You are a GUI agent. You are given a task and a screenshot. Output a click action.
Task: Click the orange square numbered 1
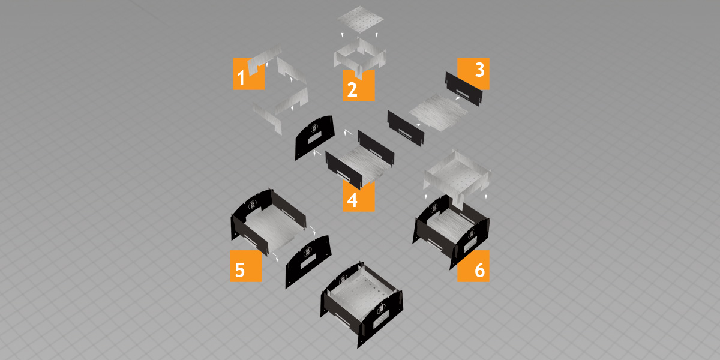click(248, 74)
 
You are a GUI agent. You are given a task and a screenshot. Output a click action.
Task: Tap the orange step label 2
click(358, 86)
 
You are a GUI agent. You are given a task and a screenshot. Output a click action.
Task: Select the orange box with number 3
click(473, 74)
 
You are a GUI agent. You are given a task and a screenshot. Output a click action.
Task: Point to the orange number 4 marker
click(358, 196)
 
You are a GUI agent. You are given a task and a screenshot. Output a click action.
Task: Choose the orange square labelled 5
click(246, 266)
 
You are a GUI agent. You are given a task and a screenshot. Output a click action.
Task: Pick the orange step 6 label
click(473, 266)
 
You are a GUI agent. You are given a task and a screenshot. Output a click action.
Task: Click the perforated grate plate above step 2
click(361, 19)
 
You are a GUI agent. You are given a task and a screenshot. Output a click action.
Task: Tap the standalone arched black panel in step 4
click(314, 137)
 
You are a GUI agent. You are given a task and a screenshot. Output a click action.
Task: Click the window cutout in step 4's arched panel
click(315, 139)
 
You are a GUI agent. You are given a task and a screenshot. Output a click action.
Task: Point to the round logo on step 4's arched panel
click(314, 128)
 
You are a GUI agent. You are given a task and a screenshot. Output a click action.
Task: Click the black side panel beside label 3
click(464, 89)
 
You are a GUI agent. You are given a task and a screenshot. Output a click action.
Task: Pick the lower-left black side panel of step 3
click(406, 128)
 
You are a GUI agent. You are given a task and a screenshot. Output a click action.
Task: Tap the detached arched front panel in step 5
click(308, 262)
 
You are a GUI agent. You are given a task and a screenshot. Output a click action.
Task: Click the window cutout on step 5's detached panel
click(308, 263)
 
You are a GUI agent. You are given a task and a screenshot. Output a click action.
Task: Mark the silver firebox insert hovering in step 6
click(457, 177)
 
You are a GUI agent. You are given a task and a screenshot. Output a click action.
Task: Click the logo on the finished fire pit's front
click(381, 308)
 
